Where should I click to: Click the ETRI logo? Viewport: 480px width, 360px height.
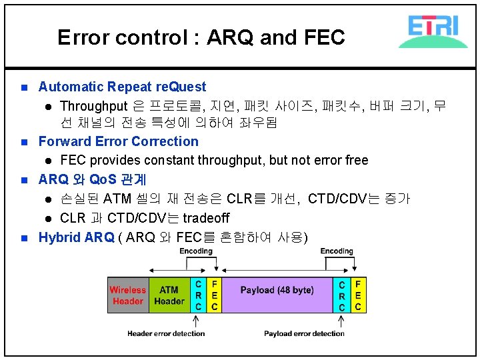point(433,31)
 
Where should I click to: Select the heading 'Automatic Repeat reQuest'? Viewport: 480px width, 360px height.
point(122,87)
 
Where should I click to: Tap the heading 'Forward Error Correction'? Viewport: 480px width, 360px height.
point(118,141)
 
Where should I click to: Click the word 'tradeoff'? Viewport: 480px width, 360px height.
point(206,218)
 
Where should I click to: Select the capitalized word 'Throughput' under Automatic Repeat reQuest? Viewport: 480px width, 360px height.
point(93,106)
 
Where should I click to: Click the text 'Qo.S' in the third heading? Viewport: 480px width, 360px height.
point(103,180)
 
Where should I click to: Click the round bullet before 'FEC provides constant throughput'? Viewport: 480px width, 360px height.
point(48,161)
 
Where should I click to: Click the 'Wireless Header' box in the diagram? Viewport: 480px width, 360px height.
point(128,295)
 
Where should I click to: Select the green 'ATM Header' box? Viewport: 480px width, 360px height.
point(169,295)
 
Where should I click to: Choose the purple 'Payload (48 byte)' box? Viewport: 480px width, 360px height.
point(277,291)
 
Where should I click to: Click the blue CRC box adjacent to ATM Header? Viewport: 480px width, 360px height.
point(198,295)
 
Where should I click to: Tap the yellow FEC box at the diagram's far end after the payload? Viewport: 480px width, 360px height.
point(358,295)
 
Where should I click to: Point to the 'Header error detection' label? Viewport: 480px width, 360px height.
point(166,333)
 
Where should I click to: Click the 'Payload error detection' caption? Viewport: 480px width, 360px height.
point(304,333)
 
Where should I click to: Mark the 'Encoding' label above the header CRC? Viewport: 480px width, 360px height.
point(196,251)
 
